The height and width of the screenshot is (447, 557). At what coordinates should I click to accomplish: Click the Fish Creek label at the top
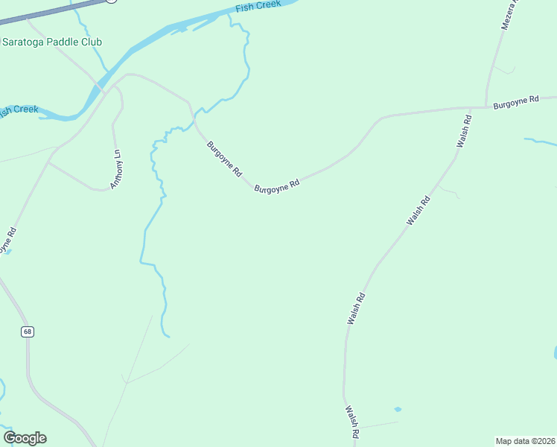[258, 7]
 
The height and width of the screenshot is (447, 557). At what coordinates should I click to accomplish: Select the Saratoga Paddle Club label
[52, 42]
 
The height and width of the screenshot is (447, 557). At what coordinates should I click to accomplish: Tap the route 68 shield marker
[28, 332]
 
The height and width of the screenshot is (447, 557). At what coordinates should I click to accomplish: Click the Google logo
[25, 438]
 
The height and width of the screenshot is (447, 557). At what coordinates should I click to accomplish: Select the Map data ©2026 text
[526, 440]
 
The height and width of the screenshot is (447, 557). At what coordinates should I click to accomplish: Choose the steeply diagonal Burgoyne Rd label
[224, 159]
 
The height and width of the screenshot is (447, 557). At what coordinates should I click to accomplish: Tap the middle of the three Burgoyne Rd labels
[277, 185]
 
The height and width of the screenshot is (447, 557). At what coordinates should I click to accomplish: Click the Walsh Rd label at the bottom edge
[352, 422]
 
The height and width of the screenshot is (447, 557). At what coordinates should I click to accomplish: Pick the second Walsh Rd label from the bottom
[356, 308]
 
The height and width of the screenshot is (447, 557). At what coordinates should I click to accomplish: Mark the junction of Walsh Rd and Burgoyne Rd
[471, 108]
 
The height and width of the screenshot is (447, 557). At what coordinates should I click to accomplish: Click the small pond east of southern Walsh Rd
[398, 409]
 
